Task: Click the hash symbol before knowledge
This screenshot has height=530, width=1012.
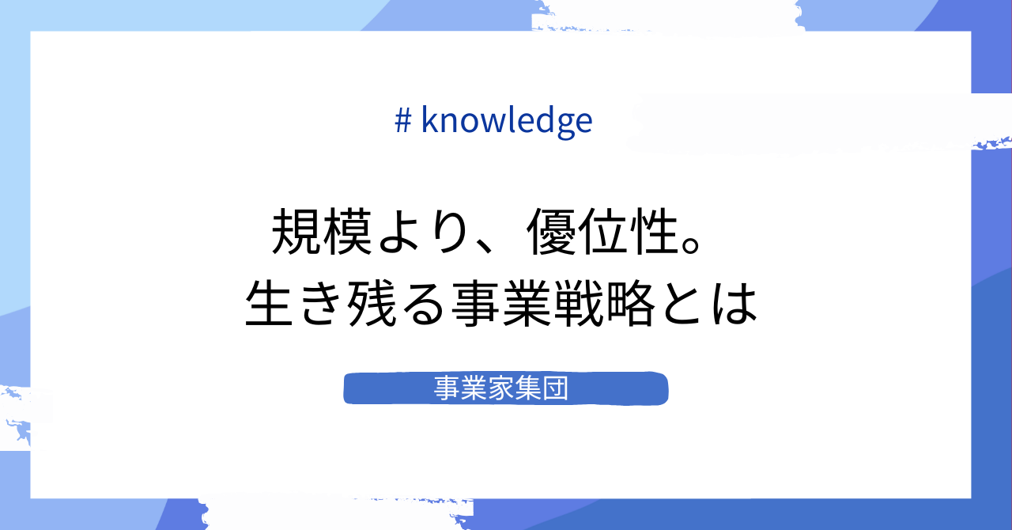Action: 402,120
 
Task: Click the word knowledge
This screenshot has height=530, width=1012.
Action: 507,120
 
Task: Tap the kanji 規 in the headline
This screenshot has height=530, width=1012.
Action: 298,233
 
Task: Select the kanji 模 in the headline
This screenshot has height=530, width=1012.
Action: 349,233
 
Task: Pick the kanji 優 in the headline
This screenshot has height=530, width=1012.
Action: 556,233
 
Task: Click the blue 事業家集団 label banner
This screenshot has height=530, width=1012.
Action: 506,388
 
